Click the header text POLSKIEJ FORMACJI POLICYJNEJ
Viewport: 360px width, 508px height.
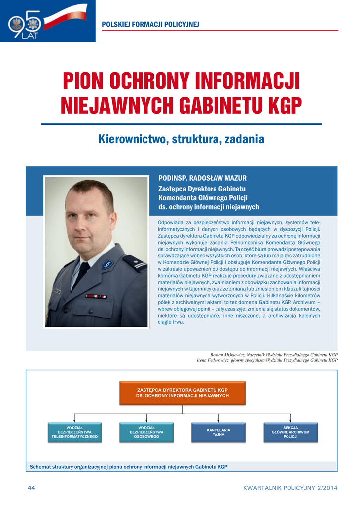[x=150, y=24]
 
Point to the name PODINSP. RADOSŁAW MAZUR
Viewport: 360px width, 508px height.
[x=202, y=178]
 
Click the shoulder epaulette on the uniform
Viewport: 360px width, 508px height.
[x=135, y=262]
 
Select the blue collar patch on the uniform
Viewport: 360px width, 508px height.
[x=108, y=265]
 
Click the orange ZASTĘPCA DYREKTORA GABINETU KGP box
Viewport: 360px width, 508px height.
[x=182, y=393]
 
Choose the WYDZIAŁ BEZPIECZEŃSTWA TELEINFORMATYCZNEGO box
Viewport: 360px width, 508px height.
[x=74, y=432]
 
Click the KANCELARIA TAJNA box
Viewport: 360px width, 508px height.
[x=218, y=432]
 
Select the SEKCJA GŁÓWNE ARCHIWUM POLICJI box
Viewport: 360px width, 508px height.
[x=290, y=432]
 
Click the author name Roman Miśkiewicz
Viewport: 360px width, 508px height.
[x=228, y=355]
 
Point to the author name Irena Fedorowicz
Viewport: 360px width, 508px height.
[x=213, y=360]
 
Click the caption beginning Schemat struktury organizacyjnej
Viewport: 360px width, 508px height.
[x=129, y=467]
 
